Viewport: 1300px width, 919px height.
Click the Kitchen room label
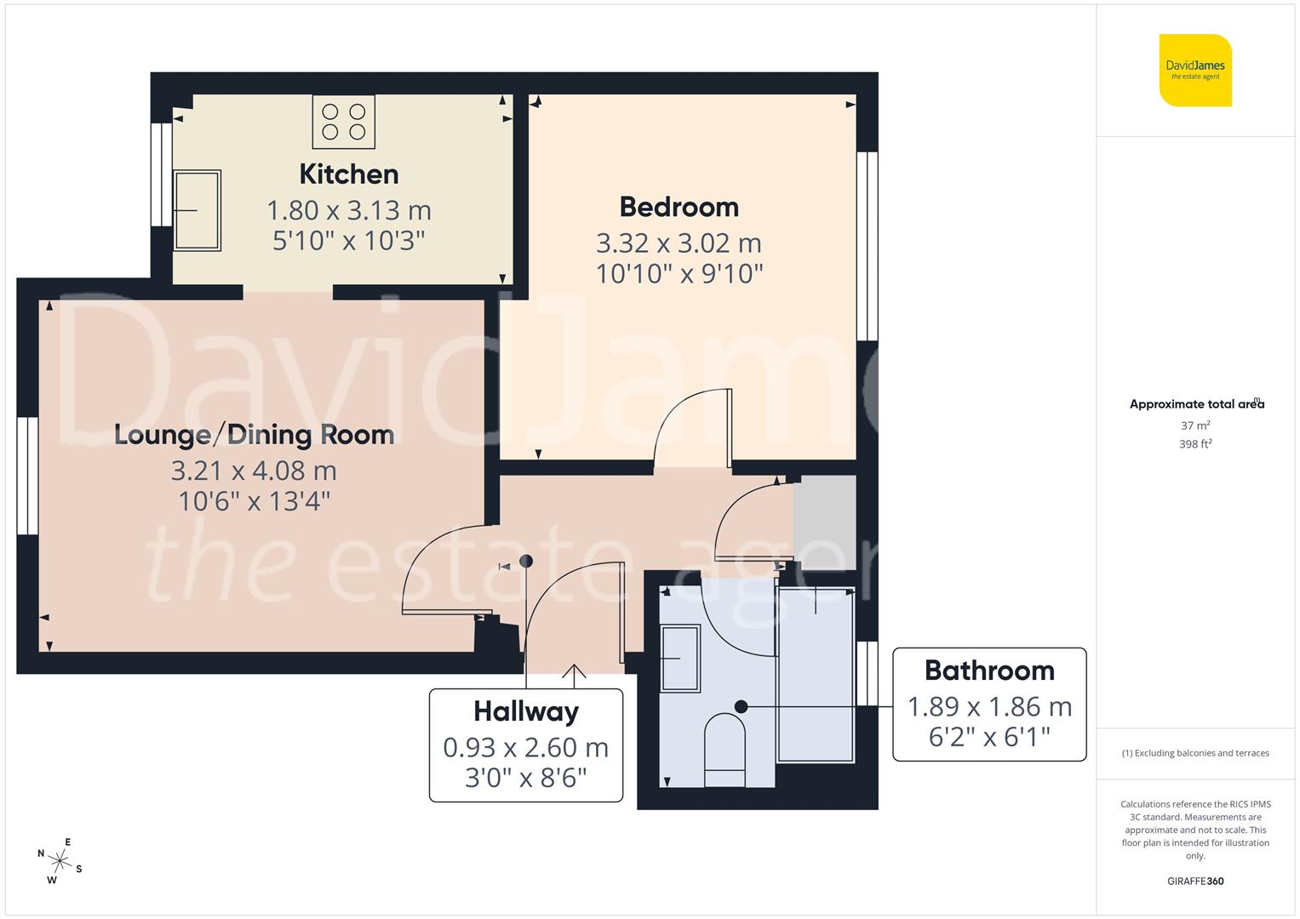point(348,174)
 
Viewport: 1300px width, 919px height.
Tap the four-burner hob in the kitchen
point(343,122)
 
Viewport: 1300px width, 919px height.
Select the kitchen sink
point(197,210)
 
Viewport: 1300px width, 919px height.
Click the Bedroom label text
point(679,207)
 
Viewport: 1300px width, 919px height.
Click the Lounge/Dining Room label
point(254,435)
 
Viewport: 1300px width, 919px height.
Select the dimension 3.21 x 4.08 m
point(254,470)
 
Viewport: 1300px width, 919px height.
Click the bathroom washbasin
point(680,658)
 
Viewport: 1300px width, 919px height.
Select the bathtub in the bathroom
point(816,672)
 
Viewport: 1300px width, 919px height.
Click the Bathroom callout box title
point(989,671)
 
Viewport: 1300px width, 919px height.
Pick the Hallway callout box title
point(525,711)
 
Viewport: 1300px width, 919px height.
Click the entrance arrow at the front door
point(576,674)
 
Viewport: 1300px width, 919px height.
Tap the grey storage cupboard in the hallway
point(824,522)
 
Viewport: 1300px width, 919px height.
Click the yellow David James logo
point(1195,71)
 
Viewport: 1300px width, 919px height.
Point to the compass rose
point(60,860)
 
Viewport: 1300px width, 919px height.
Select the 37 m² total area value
point(1195,425)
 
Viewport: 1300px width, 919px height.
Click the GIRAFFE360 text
point(1195,881)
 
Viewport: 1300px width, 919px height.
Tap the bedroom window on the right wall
point(867,247)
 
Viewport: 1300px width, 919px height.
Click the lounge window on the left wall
point(28,475)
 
